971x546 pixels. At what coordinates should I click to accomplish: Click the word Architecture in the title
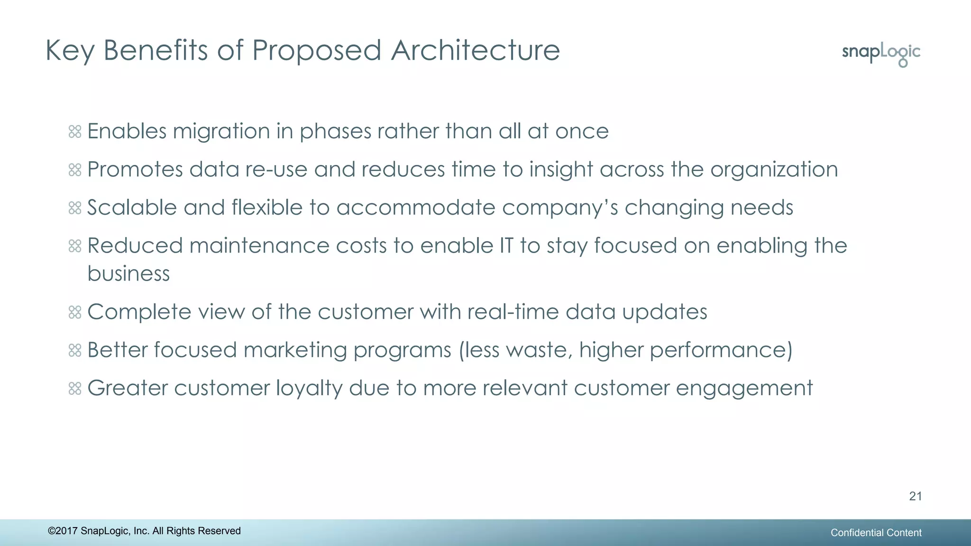click(x=476, y=50)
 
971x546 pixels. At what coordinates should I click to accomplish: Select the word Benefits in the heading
click(x=156, y=50)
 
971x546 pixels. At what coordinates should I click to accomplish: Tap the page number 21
click(x=916, y=496)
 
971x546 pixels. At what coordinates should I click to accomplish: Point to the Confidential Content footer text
click(x=876, y=533)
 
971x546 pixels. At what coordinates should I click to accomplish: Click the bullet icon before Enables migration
click(x=75, y=131)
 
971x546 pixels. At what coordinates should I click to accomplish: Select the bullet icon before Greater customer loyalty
click(x=75, y=389)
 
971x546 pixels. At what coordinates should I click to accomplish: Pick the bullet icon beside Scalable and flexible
click(x=75, y=208)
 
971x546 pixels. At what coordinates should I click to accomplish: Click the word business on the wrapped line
click(x=128, y=274)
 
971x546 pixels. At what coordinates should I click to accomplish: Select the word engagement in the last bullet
click(x=744, y=389)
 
